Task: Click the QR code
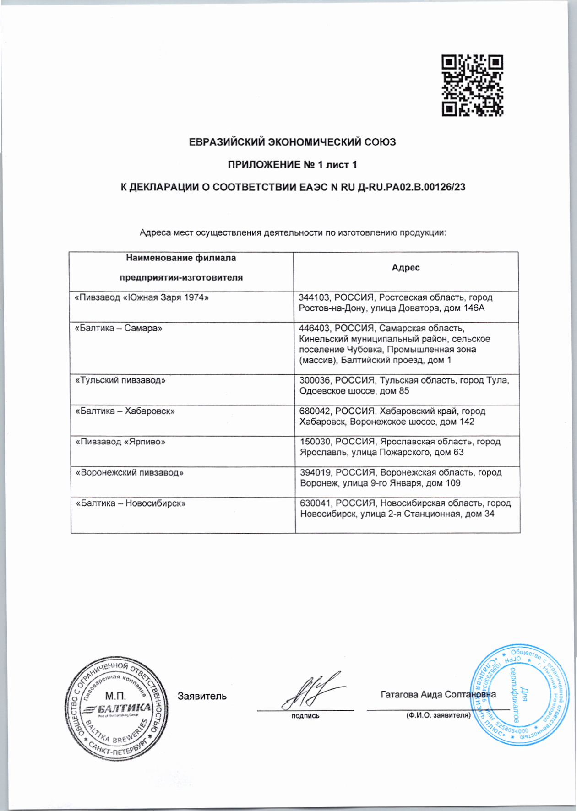click(472, 85)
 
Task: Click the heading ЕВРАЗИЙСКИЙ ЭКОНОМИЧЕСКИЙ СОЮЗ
click(293, 142)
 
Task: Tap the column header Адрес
click(405, 268)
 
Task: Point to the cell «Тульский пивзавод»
click(120, 380)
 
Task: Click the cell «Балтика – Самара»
click(119, 329)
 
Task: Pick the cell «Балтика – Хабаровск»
click(125, 411)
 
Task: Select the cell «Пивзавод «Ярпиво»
click(120, 442)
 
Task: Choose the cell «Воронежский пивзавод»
click(130, 473)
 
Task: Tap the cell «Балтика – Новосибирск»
click(131, 503)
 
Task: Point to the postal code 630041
click(315, 503)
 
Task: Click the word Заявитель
click(202, 696)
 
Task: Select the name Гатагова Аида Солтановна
click(438, 694)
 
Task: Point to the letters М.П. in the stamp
click(115, 696)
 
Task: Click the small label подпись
click(305, 716)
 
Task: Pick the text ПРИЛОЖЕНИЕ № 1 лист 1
click(292, 165)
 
